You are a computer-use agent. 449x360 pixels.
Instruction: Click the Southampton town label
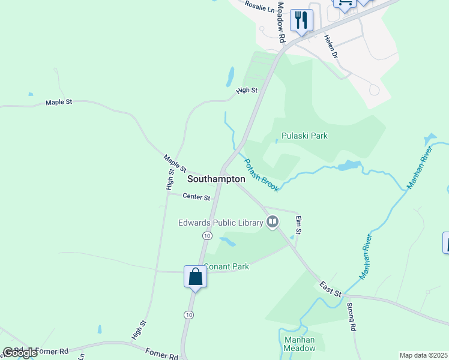pos(216,179)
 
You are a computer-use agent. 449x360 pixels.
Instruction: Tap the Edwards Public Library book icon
pos(273,223)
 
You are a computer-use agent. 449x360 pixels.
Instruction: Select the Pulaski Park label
pos(307,136)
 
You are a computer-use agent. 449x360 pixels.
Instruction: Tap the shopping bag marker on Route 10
pos(195,277)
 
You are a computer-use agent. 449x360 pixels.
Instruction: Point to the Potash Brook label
pos(261,175)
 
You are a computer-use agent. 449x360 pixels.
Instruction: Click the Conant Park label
pos(227,266)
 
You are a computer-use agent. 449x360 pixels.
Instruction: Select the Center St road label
pos(196,197)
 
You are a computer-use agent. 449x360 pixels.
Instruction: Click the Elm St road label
pos(298,225)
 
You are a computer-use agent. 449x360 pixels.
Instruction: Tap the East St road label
pos(330,289)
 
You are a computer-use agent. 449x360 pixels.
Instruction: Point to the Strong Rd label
pos(352,319)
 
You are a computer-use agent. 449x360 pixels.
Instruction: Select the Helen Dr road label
pos(331,46)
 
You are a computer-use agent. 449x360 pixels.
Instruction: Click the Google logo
pos(20,353)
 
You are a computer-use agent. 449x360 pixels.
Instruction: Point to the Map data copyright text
pos(424,355)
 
